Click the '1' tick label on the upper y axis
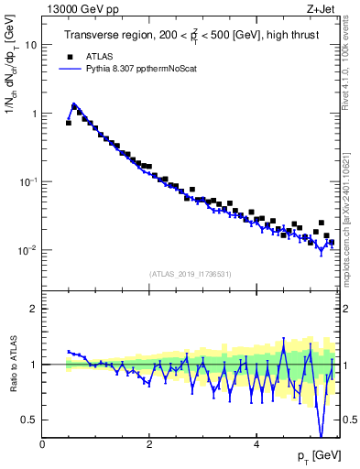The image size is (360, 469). pyautogui.click(x=34, y=114)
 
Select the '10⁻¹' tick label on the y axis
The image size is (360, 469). pyautogui.click(x=28, y=181)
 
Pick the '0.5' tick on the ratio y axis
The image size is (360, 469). pyautogui.click(x=30, y=420)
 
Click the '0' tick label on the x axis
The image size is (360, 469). pyautogui.click(x=42, y=445)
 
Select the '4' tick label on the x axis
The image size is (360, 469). pyautogui.click(x=256, y=445)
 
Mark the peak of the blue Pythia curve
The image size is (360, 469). pyautogui.click(x=74, y=104)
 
